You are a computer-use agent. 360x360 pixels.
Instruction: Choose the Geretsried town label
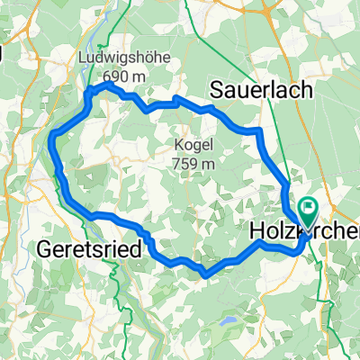pyautogui.click(x=89, y=248)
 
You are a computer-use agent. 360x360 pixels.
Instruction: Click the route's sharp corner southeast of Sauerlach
pyautogui.click(x=259, y=131)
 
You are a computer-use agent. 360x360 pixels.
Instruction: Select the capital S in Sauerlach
pyautogui.click(x=217, y=88)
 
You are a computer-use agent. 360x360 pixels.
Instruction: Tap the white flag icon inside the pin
pyautogui.click(x=309, y=210)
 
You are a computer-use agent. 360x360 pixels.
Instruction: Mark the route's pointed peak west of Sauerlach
pyautogui.click(x=175, y=96)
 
